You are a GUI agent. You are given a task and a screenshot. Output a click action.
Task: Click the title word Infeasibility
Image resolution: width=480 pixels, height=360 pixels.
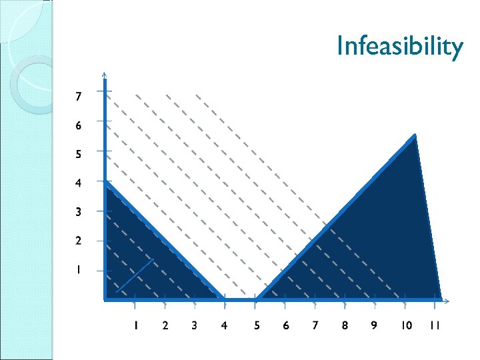point(399,47)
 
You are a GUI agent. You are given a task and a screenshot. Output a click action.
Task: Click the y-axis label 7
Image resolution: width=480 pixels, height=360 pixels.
point(79,97)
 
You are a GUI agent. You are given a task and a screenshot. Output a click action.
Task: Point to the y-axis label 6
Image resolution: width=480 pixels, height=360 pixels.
point(79,125)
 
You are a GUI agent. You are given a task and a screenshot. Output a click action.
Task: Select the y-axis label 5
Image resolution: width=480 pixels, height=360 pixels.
point(79,154)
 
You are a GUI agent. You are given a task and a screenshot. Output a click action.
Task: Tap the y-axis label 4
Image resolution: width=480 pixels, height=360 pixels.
point(79,183)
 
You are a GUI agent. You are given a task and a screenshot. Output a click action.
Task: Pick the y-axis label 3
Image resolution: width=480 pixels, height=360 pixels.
point(79,212)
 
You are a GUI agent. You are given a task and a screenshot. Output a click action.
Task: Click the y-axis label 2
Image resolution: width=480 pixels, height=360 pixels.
point(79,241)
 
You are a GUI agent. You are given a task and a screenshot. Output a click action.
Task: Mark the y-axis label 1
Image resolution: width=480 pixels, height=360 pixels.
point(79,270)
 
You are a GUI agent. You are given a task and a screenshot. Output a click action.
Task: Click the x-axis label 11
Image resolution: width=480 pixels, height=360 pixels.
point(435,325)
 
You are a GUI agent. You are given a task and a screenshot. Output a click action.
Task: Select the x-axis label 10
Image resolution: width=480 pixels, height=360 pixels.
point(406,325)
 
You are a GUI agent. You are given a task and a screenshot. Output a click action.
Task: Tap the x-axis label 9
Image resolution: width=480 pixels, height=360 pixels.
point(373,325)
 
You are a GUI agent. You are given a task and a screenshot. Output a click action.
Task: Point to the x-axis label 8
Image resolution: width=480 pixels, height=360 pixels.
point(345,325)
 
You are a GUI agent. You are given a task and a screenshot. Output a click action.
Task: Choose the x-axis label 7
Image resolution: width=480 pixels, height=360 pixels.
point(315,325)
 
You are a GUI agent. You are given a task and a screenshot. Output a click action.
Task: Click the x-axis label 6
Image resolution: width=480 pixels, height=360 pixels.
point(285,325)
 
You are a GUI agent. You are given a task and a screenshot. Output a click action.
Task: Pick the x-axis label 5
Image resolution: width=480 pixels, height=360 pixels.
point(256,325)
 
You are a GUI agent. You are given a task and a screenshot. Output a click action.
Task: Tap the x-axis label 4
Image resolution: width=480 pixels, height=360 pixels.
point(224,325)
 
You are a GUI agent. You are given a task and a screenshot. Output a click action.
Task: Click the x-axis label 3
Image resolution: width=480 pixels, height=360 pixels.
point(194,325)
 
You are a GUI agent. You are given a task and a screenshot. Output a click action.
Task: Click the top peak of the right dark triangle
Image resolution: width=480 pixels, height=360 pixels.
point(415,136)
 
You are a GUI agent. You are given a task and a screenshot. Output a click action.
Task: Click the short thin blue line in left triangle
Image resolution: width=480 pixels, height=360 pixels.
point(135,275)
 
